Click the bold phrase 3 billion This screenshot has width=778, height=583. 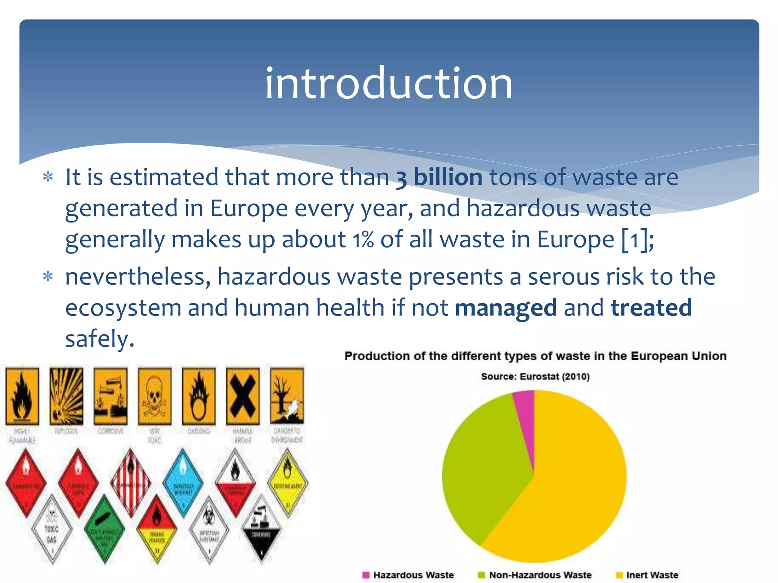tap(439, 177)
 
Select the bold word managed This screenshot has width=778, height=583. tap(506, 308)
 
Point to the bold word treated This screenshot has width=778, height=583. tap(651, 308)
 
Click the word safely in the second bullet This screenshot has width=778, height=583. tap(100, 339)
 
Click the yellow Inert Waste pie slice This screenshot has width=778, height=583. tap(570, 493)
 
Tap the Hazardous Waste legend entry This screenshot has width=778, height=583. tap(409, 575)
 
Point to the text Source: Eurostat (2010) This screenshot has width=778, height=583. tap(535, 377)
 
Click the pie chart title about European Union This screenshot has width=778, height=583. tap(535, 356)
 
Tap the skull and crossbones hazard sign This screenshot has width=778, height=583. tap(154, 396)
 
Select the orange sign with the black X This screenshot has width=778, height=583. tap(243, 396)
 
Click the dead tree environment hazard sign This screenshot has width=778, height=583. tap(287, 396)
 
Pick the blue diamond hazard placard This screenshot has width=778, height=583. tap(183, 482)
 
